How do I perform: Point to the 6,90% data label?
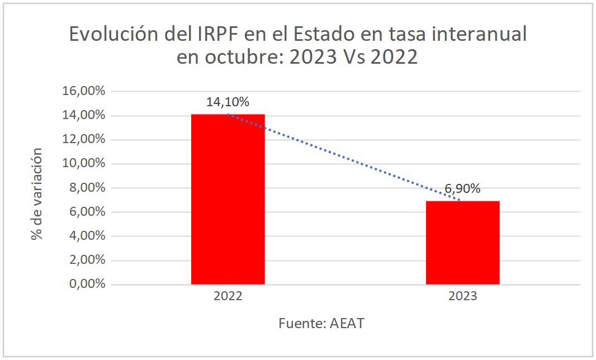[x=462, y=189]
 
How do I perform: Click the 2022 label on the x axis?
[x=228, y=297]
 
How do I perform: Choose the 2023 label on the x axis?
[x=462, y=297]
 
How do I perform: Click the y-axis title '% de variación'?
[x=37, y=193]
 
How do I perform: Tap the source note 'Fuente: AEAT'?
[x=321, y=324]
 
